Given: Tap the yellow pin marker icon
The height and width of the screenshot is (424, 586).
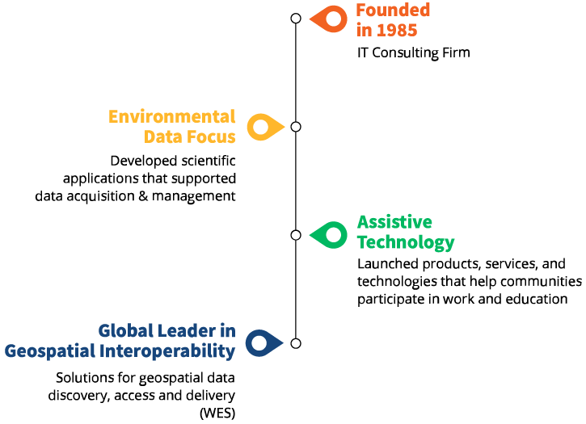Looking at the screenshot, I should pyautogui.click(x=263, y=127).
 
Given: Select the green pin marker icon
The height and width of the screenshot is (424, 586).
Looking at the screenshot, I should pyautogui.click(x=329, y=235).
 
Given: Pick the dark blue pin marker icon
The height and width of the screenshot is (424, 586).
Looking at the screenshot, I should pyautogui.click(x=263, y=343).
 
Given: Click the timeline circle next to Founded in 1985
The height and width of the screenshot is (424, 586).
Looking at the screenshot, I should pyautogui.click(x=296, y=19).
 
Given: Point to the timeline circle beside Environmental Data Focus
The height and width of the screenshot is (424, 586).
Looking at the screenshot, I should pyautogui.click(x=296, y=127).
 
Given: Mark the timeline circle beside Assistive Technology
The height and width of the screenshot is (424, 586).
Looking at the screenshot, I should pyautogui.click(x=296, y=235).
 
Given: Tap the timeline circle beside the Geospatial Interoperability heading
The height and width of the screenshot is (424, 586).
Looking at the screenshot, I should pyautogui.click(x=296, y=343).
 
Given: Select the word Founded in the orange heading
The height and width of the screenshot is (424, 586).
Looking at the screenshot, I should pyautogui.click(x=393, y=11).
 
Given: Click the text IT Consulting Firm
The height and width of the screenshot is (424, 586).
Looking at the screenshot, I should pyautogui.click(x=413, y=53).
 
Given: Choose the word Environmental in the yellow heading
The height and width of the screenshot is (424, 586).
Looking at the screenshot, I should pyautogui.click(x=172, y=117).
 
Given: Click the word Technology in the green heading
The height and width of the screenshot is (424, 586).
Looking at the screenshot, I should pyautogui.click(x=406, y=242).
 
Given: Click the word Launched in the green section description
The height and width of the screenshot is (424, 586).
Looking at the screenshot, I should pyautogui.click(x=385, y=265).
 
